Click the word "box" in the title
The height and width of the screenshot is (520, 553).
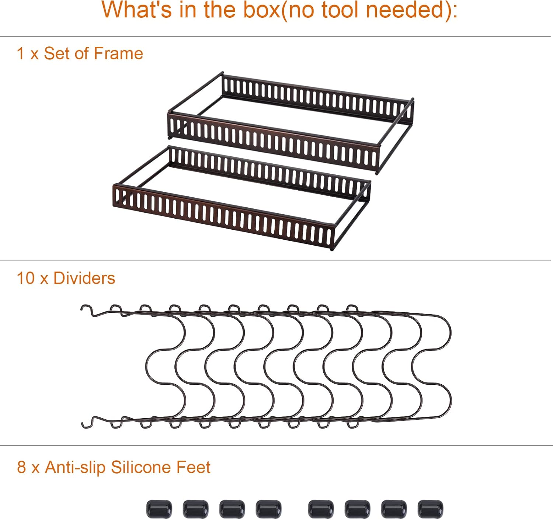tap(261, 10)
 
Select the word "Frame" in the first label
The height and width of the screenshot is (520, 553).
tap(119, 53)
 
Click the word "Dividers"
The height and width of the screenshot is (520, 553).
tap(84, 278)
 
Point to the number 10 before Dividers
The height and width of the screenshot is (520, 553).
tap(26, 278)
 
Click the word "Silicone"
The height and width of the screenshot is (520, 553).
tap(140, 467)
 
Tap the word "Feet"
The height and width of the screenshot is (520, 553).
tap(194, 467)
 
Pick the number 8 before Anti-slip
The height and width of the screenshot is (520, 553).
tap(21, 467)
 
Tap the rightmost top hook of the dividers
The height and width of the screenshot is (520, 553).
tap(352, 308)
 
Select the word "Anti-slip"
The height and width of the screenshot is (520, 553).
tap(75, 467)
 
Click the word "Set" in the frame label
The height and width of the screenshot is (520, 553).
tap(57, 53)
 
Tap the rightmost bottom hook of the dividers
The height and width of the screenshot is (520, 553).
tap(353, 424)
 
